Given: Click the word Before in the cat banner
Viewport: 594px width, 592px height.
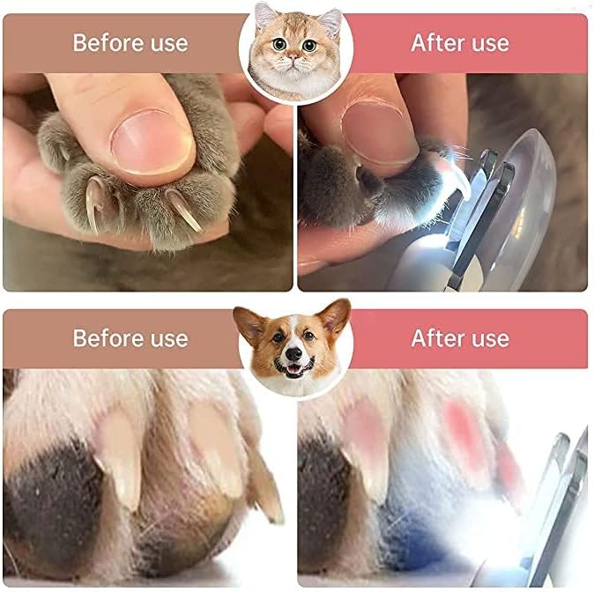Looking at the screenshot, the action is pos(108,42).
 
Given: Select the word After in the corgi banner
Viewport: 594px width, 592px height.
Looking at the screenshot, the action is pos(436,338).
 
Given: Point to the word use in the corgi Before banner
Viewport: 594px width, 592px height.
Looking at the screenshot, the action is pos(169,338).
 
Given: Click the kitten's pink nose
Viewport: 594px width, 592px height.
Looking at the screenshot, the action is pos(293,57).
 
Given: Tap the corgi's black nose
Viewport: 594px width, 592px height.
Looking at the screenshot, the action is pos(293,354).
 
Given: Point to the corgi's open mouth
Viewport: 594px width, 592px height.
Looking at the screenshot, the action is pos(294,368).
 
